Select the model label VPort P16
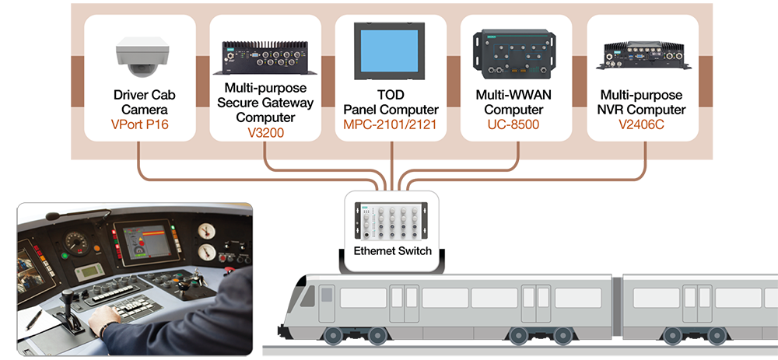pos(139,124)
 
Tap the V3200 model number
pos(265,132)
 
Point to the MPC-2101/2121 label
pos(391,124)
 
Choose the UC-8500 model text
pos(517,124)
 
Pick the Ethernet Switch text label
pos(392,251)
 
